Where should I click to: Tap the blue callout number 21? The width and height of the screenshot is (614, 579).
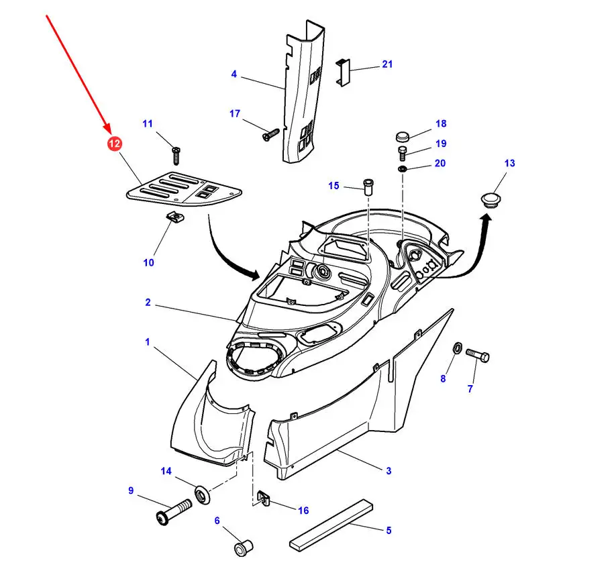(387, 64)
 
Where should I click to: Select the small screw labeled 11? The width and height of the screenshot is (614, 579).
(176, 155)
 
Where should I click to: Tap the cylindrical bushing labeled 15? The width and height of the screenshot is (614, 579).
(368, 185)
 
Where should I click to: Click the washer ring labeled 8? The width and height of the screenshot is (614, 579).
(456, 349)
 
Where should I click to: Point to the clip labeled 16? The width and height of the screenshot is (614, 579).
(264, 498)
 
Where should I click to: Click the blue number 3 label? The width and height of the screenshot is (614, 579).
(389, 471)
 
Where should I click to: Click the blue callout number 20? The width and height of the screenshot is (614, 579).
(440, 163)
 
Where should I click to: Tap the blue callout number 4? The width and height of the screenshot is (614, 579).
(234, 74)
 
